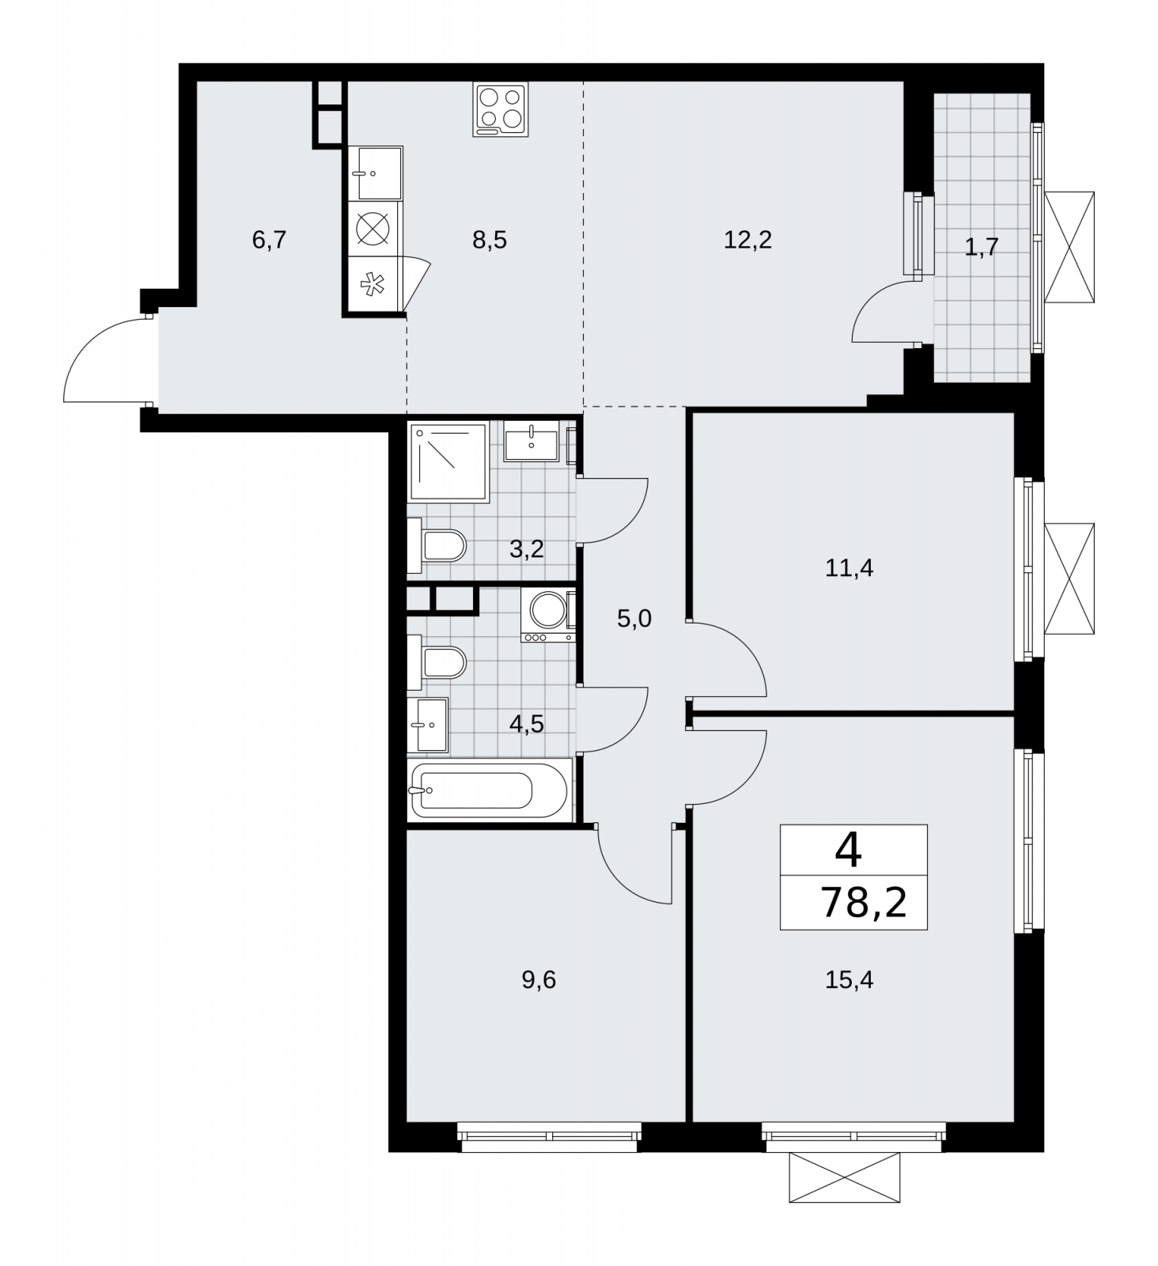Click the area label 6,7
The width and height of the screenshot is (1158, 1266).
pyautogui.click(x=269, y=240)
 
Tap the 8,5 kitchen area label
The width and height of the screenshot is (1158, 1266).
pyautogui.click(x=490, y=240)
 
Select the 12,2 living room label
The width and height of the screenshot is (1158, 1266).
pyautogui.click(x=747, y=240)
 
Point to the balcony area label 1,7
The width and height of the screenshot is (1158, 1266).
pyautogui.click(x=981, y=248)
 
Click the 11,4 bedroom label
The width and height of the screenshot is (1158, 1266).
pyautogui.click(x=849, y=568)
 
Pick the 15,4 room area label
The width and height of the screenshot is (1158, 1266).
pyautogui.click(x=849, y=980)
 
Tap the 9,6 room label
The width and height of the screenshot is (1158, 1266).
pyautogui.click(x=539, y=980)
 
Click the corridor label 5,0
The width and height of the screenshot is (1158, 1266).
pyautogui.click(x=634, y=619)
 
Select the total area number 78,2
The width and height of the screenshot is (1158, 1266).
pyautogui.click(x=864, y=902)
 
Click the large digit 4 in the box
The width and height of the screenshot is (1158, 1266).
pyautogui.click(x=849, y=851)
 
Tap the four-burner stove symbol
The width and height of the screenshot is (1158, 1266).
pyautogui.click(x=501, y=109)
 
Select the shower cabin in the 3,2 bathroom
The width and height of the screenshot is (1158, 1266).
pyautogui.click(x=448, y=461)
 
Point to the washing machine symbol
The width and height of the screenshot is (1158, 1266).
pyautogui.click(x=548, y=614)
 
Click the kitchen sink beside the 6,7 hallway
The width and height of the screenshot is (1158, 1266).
pyautogui.click(x=376, y=172)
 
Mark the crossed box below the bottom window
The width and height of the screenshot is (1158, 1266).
pyautogui.click(x=844, y=1177)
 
